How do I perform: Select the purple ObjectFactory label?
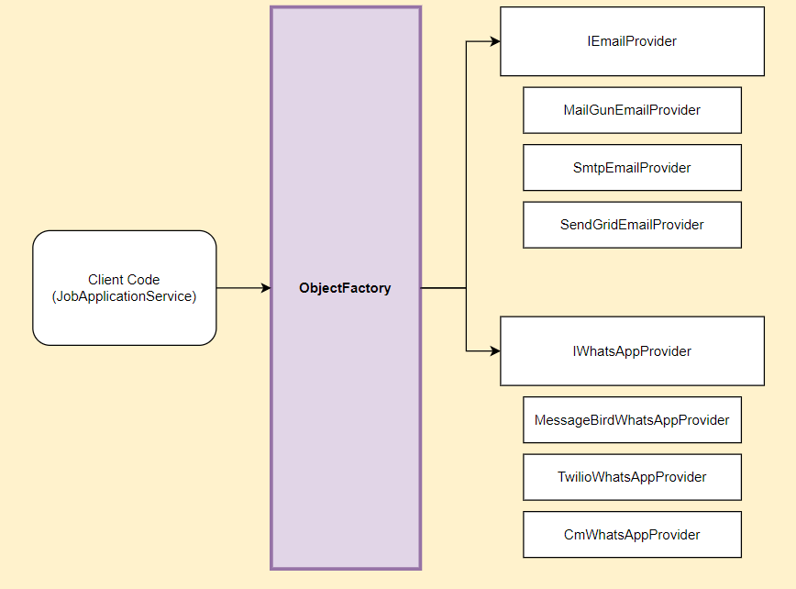click(345, 288)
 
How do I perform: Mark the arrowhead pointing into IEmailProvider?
click(495, 41)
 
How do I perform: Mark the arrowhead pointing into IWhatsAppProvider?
click(495, 350)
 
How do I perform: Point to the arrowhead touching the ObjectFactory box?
click(266, 288)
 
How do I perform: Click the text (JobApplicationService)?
click(124, 296)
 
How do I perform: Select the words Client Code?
click(124, 280)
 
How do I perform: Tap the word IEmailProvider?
click(632, 41)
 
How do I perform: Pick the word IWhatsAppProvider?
click(632, 351)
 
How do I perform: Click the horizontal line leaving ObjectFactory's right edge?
click(443, 288)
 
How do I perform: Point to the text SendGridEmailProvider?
click(632, 225)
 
